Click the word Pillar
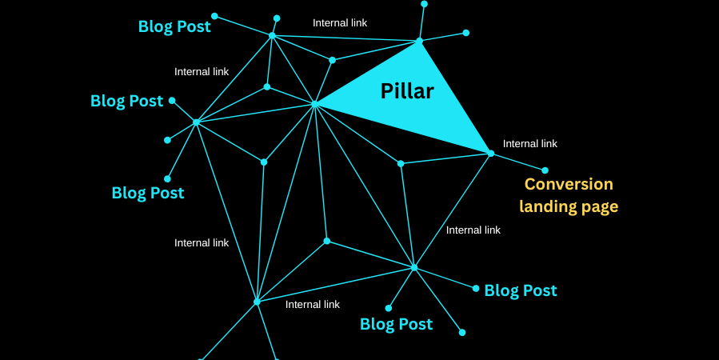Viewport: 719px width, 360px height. coord(407,91)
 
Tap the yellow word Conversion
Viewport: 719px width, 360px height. coord(569,184)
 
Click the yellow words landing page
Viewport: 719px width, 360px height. coord(569,206)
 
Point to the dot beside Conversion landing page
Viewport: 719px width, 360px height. coord(545,170)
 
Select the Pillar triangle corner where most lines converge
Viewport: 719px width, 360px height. coord(315,104)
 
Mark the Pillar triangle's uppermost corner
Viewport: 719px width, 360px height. coord(419,40)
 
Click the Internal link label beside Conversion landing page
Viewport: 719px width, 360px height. coord(530,144)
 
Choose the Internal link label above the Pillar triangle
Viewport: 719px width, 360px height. coord(340,23)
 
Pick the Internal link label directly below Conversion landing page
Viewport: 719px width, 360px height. coord(473,230)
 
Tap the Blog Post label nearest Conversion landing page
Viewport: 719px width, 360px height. coord(521,290)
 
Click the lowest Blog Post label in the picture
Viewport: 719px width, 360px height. coord(396,324)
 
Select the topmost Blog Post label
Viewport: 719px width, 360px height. coord(174,26)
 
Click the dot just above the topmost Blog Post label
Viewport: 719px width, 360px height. coord(214,15)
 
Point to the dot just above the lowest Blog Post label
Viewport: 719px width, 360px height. coord(389,308)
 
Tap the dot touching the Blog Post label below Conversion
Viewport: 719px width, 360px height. coord(476,288)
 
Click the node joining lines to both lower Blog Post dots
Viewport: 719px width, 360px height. coord(413,267)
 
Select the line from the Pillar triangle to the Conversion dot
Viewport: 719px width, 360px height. coord(517,162)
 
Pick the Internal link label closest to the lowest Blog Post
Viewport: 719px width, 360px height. coord(313,305)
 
